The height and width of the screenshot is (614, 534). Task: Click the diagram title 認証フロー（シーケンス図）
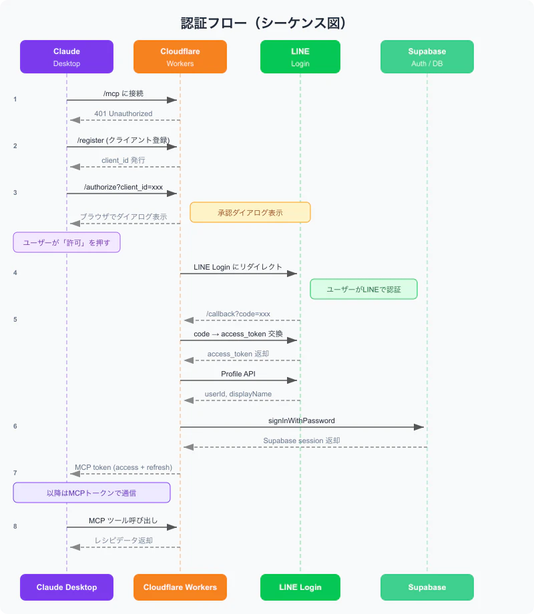263,23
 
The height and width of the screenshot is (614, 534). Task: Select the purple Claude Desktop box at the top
67,57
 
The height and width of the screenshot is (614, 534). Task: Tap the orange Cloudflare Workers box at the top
180,57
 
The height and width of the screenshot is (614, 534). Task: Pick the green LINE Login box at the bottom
300,587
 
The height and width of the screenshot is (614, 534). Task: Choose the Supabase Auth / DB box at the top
427,57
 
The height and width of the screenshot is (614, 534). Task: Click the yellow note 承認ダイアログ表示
250,213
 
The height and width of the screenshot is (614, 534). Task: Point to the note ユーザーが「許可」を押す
67,242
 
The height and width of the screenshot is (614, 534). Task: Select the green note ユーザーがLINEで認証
364,290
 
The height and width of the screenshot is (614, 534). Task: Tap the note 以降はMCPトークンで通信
91,493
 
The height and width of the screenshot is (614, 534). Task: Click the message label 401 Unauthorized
123,113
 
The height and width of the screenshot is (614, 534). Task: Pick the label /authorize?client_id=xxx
123,187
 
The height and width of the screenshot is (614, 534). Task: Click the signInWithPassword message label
302,420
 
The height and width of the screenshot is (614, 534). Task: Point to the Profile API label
238,374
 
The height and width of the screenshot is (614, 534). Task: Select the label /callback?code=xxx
238,314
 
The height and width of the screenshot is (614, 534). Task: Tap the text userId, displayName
238,394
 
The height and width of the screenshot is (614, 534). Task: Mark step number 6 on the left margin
15,426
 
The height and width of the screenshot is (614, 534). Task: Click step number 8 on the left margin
15,527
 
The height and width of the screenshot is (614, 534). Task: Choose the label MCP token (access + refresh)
123,467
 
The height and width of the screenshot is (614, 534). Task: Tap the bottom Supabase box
427,587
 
